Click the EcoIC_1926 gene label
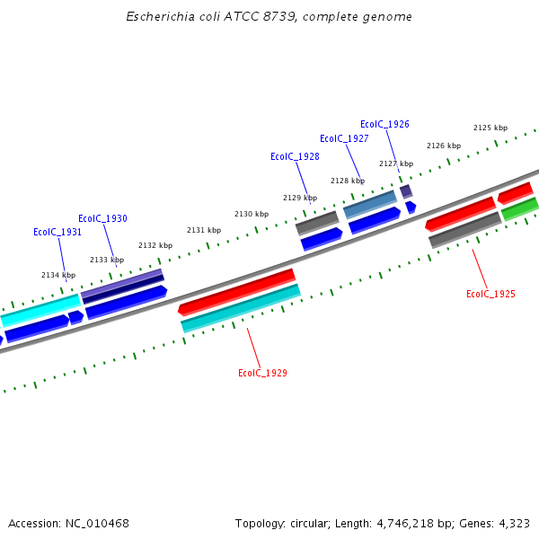[x=384, y=124]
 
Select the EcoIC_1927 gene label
[x=344, y=138]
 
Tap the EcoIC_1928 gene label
[x=295, y=156]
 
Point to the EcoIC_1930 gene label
[x=102, y=218]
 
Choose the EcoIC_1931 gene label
[x=57, y=232]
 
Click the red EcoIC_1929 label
[x=262, y=373]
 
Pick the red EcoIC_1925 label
[x=490, y=294]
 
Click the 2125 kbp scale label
[x=490, y=128]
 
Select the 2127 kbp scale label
[x=396, y=163]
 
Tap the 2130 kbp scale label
[x=252, y=214]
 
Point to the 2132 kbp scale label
[x=155, y=245]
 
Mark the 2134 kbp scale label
[x=58, y=275]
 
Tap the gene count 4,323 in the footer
[x=514, y=523]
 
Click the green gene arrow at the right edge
[x=520, y=209]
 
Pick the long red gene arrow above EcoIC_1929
[x=237, y=292]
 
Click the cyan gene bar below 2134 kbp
[x=40, y=309]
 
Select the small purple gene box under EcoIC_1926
[x=406, y=191]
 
